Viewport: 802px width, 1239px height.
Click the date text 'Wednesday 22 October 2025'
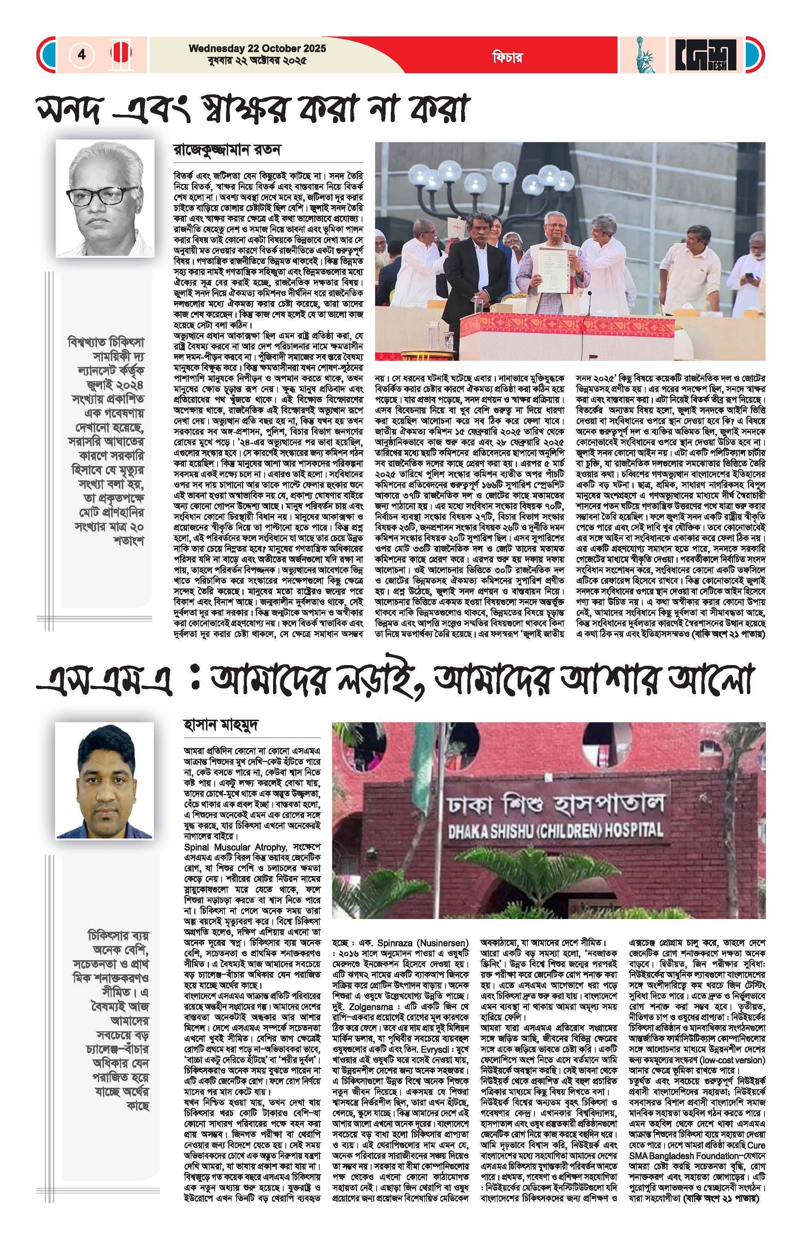point(257,48)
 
